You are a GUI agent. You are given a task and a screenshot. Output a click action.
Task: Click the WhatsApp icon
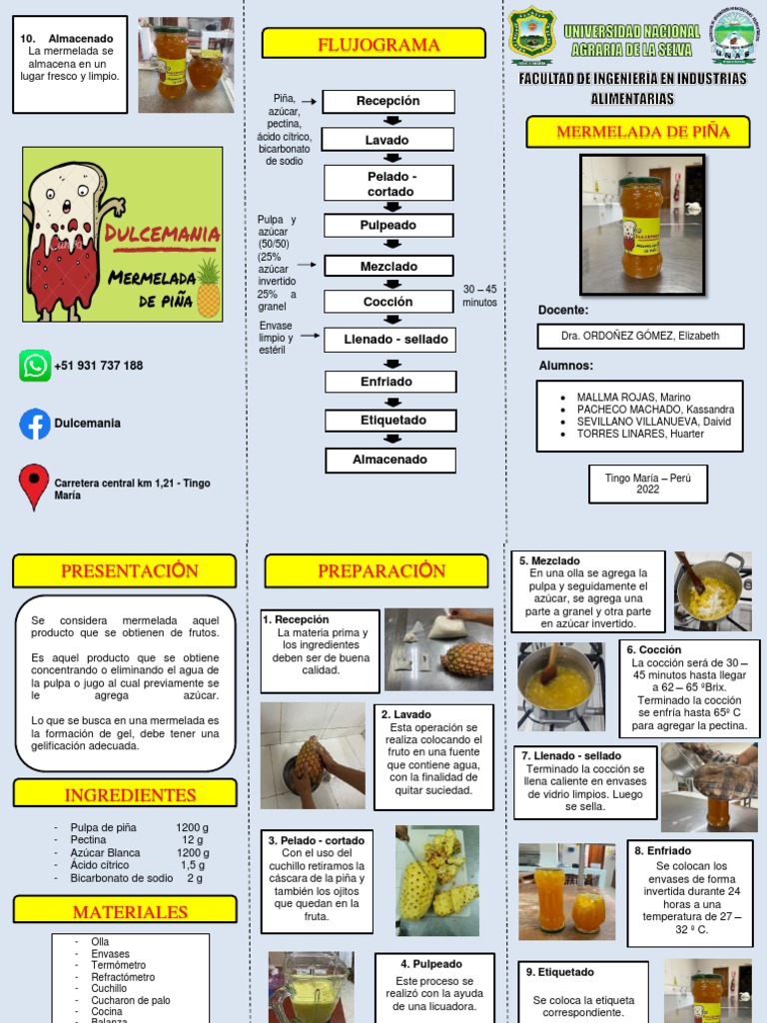coord(35,366)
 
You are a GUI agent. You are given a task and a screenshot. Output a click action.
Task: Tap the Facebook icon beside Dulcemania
coord(35,424)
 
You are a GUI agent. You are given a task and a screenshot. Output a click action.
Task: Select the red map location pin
coord(34,486)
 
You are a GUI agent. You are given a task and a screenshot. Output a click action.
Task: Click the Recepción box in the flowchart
coord(387,101)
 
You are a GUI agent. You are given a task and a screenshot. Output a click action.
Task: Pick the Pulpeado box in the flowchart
coord(387,226)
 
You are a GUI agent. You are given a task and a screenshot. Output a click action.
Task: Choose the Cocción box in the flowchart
coord(387,302)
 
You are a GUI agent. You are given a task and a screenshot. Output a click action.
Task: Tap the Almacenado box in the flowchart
coord(389,460)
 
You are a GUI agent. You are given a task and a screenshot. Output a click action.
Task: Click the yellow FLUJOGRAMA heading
coord(374,44)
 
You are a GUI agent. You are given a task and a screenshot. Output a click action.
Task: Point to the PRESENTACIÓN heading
coord(125,571)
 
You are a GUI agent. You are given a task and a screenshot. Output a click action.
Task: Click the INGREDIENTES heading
coord(125,795)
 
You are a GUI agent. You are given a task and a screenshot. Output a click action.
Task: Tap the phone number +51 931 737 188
coord(98,366)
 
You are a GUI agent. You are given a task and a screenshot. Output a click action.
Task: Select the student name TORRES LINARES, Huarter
coord(639,434)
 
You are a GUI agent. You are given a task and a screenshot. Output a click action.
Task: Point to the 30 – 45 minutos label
coord(479,296)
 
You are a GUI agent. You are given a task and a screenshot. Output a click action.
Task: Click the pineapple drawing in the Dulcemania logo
coord(208,288)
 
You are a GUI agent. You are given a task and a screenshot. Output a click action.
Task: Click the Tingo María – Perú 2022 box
coord(647,485)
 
